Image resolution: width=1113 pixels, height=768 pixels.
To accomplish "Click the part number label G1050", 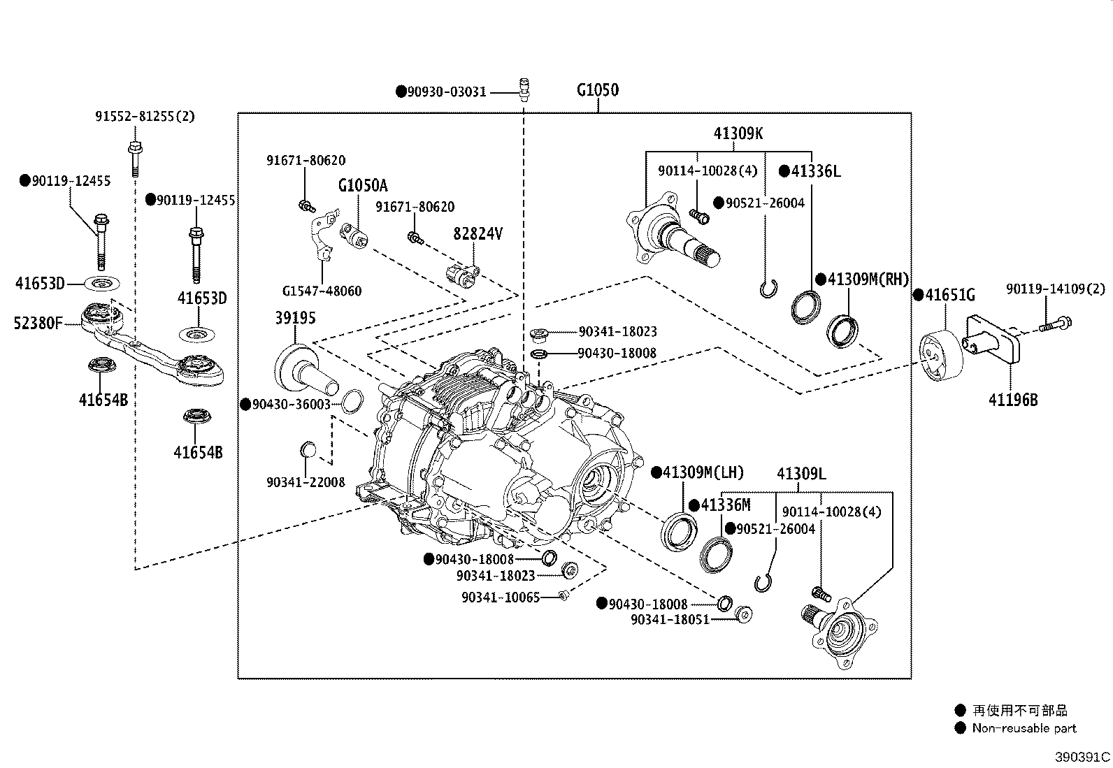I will tap(598, 90).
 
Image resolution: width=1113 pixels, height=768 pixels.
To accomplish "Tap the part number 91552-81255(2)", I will tap(145, 117).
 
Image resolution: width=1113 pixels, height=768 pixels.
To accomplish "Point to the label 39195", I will tap(295, 318).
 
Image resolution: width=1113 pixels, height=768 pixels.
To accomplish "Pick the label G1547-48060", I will tap(322, 291).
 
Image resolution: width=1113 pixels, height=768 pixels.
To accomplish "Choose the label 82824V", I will tap(477, 233).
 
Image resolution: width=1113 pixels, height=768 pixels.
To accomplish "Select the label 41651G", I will tap(948, 295).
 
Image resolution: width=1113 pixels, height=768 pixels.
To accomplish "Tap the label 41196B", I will tap(1013, 400).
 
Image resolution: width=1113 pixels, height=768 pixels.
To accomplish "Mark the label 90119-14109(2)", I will tap(1056, 288).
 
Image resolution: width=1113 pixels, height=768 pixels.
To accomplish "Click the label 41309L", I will tap(801, 474).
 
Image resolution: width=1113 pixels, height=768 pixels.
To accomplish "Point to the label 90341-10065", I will tap(500, 597).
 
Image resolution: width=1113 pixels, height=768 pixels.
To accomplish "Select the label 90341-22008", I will tap(306, 482).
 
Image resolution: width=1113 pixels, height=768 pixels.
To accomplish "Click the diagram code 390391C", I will tap(1083, 756).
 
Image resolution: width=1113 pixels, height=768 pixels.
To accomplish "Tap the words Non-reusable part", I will tap(1024, 728).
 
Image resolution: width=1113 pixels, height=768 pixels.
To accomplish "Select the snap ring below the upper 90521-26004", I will tap(768, 287).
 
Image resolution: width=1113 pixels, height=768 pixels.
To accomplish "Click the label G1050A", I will tap(363, 186).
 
